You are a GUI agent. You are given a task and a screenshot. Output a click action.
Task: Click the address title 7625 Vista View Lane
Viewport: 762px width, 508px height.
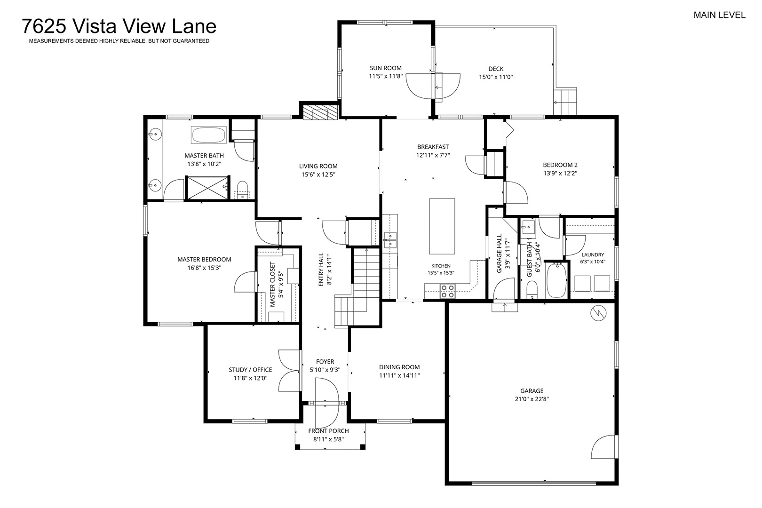tap(119, 26)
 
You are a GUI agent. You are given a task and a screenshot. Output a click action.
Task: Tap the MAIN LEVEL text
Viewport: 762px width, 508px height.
tap(719, 15)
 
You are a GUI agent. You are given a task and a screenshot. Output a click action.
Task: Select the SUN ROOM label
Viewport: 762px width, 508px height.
tap(385, 68)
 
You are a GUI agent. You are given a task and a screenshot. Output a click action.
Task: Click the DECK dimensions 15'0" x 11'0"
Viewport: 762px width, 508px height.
tap(496, 77)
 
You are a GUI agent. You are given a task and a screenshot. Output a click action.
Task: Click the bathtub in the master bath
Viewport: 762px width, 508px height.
tap(208, 135)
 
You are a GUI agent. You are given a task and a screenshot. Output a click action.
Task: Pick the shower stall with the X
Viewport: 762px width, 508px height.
tap(207, 188)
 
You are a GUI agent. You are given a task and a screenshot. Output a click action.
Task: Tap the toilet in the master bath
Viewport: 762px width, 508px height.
tap(242, 190)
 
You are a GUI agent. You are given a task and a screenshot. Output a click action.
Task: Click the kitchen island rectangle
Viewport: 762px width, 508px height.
tap(442, 226)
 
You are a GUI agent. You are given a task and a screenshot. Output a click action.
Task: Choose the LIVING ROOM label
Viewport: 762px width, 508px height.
tap(318, 166)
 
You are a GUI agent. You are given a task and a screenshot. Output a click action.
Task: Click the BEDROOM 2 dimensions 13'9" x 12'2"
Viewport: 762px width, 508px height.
tap(560, 173)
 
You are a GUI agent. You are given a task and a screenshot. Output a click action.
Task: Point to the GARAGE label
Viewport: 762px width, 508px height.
tap(532, 391)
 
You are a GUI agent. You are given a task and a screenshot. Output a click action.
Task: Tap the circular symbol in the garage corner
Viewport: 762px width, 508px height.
tap(598, 313)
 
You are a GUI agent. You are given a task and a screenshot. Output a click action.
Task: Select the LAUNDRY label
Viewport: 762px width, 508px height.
tap(593, 254)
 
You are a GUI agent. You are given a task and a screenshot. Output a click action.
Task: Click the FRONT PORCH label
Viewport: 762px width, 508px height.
tap(328, 431)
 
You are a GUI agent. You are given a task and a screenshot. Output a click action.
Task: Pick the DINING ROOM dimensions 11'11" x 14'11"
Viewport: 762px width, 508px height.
tap(399, 376)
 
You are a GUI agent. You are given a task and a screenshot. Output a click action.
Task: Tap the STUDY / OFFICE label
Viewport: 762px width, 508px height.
tap(250, 370)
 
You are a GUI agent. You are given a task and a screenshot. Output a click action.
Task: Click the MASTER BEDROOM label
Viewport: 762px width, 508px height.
tap(204, 259)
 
